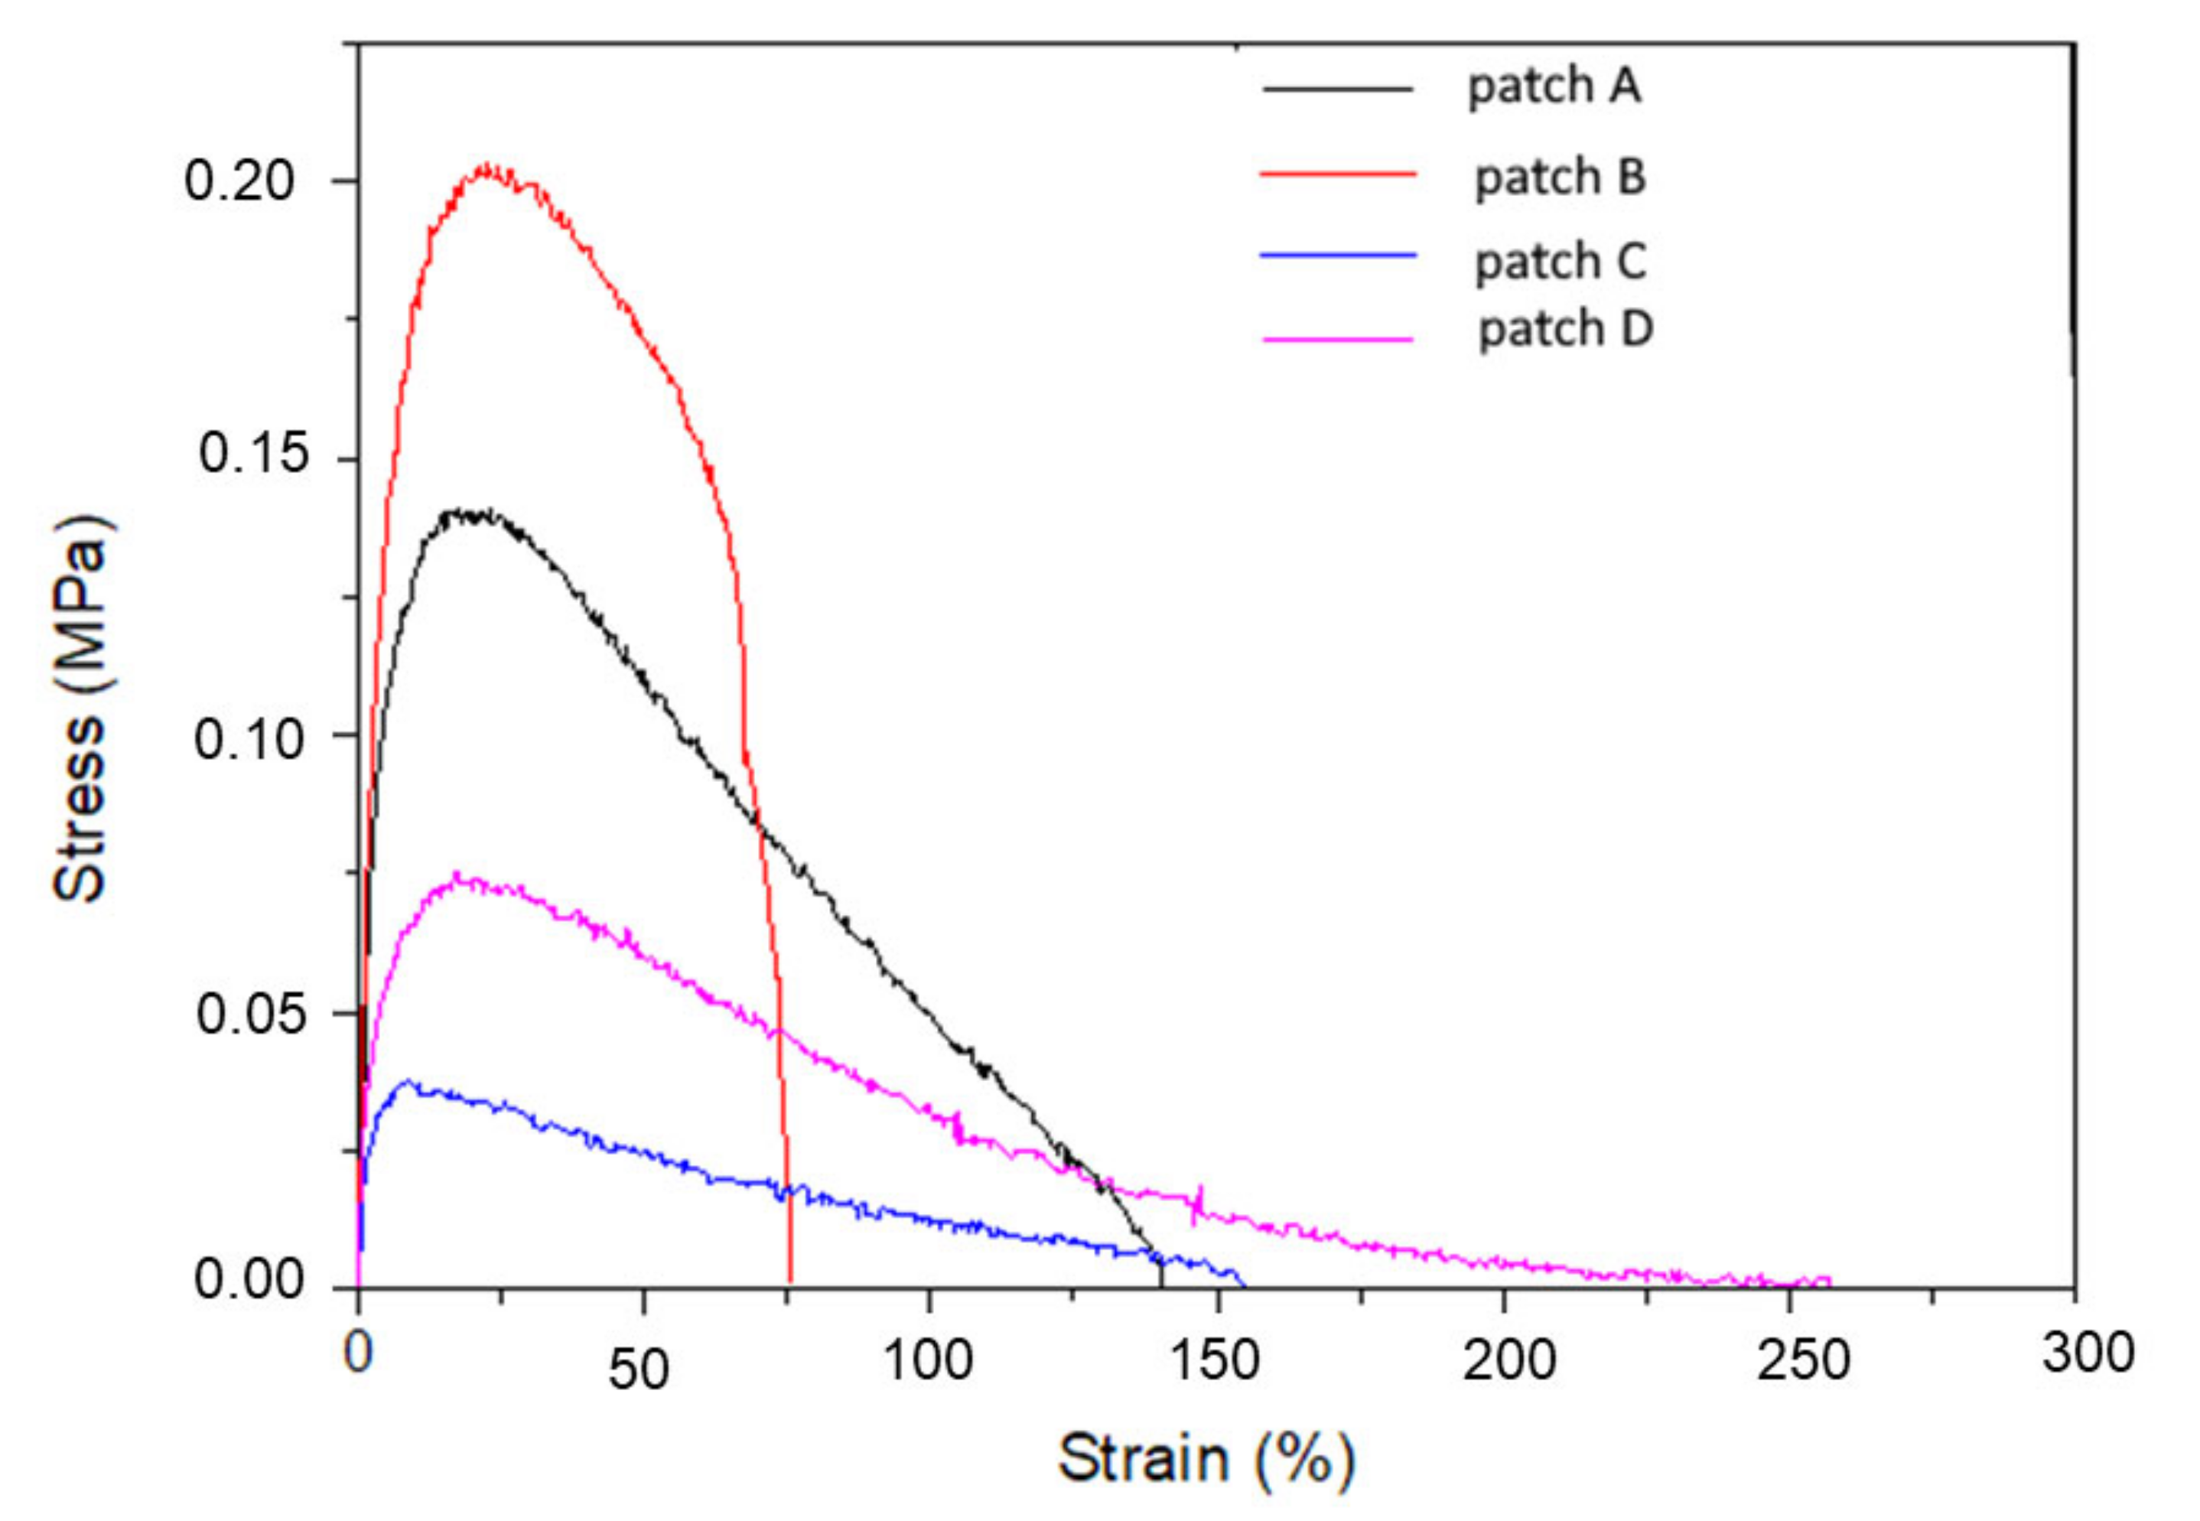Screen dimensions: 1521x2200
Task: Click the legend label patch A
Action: (1553, 86)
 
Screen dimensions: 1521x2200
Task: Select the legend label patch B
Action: (1560, 178)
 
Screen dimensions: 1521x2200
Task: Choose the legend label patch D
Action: (1564, 330)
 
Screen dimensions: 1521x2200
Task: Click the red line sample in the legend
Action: (1338, 174)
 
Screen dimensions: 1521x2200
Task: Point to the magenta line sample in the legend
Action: (1338, 338)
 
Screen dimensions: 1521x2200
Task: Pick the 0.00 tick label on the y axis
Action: (238, 1279)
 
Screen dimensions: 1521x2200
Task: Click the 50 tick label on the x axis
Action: (639, 1370)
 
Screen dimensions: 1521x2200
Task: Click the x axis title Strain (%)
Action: (1206, 1459)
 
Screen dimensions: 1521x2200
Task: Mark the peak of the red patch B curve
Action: (486, 168)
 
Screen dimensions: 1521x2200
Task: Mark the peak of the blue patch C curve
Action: (408, 1082)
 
